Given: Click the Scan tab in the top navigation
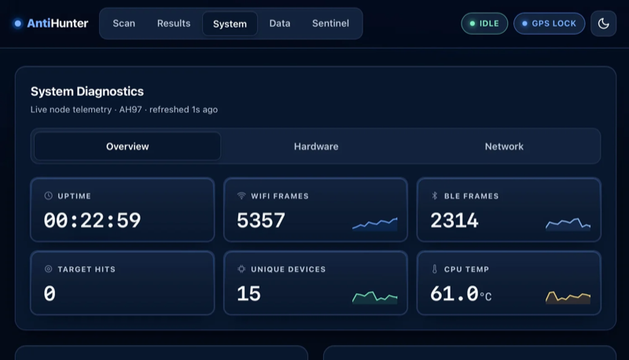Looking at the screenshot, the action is coord(123,24).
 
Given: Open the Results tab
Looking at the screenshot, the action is coord(174,24).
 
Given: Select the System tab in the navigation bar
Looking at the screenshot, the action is coord(230,24).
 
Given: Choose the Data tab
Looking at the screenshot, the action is coord(280,24).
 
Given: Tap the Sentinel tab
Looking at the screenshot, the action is coord(330,24).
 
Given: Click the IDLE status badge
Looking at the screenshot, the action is coord(484,24).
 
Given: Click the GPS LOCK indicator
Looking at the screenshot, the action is coord(549,24).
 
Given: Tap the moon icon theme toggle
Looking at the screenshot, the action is coord(603,24).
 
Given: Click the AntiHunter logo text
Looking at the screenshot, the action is coord(57,24).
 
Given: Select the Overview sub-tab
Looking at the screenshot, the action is coord(127,146).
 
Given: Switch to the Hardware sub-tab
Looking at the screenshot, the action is coord(316,146).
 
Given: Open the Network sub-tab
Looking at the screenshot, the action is coord(504,146).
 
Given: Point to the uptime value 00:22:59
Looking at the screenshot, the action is coord(92,220).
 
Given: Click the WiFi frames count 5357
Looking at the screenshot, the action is coord(261,220).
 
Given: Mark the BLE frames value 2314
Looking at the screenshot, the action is coord(454,220).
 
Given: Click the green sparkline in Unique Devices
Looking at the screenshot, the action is coord(375,297).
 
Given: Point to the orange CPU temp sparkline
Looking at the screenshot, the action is coord(568,297).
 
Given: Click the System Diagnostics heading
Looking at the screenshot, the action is coord(87,91).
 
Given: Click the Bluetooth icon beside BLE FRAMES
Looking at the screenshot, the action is coord(435,196).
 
